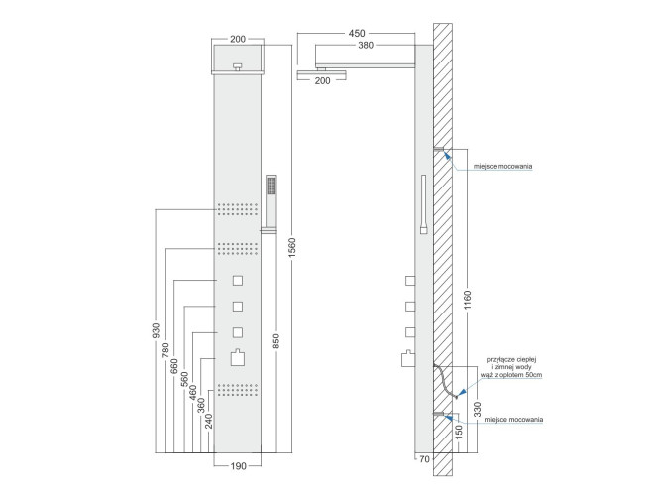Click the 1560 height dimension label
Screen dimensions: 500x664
tap(292, 245)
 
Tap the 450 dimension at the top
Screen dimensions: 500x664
tap(356, 33)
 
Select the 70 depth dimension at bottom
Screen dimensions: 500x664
tap(424, 459)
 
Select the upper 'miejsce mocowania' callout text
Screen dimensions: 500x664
tap(503, 167)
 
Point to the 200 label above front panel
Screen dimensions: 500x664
tap(238, 40)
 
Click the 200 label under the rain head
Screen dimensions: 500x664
tap(322, 82)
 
